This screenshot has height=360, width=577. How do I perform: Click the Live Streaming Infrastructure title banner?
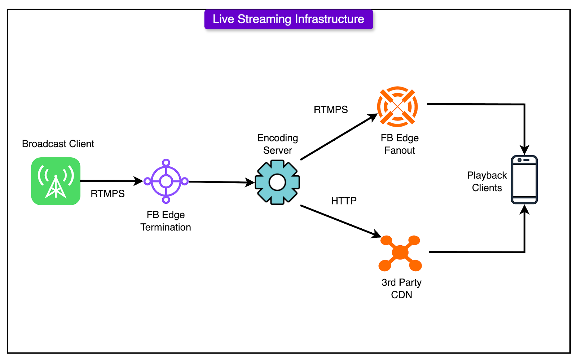tap(288, 19)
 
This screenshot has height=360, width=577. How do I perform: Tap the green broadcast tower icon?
tap(56, 181)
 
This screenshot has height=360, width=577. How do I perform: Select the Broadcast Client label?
tap(58, 144)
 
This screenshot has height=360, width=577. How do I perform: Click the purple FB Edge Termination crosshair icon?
tap(166, 181)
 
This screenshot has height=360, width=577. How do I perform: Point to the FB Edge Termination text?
tap(166, 221)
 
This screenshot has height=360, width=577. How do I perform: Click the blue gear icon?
tap(277, 183)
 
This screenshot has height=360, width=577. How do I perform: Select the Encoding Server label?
tap(278, 144)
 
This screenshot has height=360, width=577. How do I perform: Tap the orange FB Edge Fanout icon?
tap(397, 107)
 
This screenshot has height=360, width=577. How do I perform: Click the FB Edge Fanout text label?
tap(400, 144)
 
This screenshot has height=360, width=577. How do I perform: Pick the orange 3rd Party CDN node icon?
tap(400, 253)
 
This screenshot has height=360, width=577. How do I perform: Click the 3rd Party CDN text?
tap(401, 289)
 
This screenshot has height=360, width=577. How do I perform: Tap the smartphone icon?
tap(524, 180)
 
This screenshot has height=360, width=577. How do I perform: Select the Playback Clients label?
tap(487, 181)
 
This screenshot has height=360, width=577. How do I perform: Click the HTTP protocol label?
tap(344, 201)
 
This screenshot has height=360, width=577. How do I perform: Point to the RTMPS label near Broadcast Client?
tap(107, 194)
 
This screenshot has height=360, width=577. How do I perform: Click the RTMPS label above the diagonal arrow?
tap(331, 110)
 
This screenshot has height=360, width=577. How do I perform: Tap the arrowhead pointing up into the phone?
tap(524, 210)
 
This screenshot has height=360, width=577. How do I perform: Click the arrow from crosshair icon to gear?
tap(220, 182)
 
